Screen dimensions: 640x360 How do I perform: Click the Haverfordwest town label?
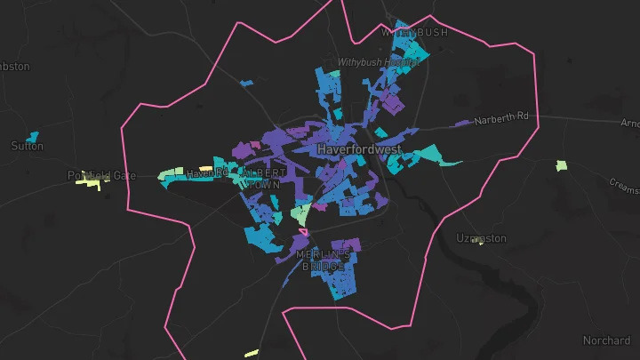point(359,149)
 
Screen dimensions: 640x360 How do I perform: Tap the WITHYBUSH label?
point(414,32)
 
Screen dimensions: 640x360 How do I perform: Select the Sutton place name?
point(27,146)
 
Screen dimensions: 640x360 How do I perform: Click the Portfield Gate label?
point(100,176)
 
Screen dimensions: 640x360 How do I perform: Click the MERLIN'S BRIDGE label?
point(321,260)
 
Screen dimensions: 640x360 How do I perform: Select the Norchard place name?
point(606,340)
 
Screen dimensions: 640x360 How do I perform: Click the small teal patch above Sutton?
point(33,137)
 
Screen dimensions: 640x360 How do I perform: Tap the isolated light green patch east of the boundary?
point(561,165)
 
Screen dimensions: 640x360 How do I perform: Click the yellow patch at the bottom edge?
point(251,353)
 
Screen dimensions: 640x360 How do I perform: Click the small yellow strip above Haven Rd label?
point(205,167)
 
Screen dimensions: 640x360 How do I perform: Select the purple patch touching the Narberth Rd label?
point(462,123)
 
